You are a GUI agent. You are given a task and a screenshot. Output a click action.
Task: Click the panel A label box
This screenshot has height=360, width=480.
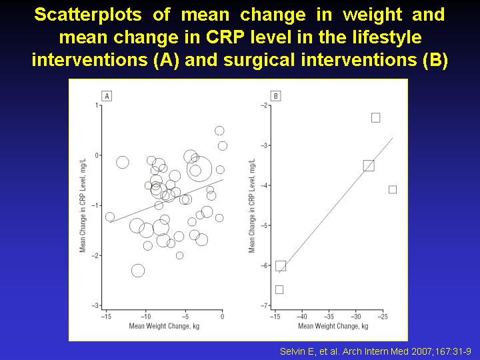107,96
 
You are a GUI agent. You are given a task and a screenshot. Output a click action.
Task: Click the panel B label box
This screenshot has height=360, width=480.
276,96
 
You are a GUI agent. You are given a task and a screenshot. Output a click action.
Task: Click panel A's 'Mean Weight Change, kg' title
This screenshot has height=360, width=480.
164,326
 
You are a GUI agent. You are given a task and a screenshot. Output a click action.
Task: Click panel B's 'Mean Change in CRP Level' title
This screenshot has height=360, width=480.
252,206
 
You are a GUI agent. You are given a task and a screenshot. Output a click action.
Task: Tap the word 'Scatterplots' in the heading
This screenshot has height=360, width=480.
88,15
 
